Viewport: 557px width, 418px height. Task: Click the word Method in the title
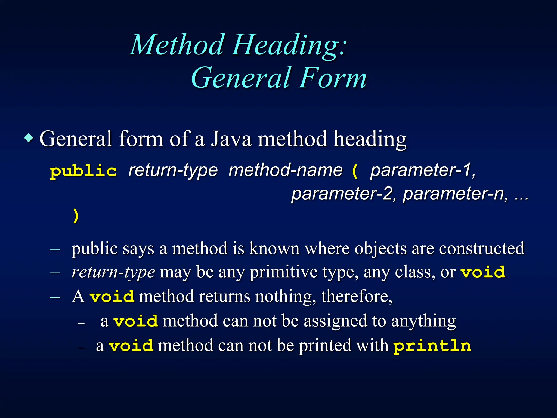point(177,45)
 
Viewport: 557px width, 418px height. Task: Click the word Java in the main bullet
point(231,139)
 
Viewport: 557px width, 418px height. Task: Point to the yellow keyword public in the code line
point(83,171)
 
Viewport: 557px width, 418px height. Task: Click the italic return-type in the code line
point(173,171)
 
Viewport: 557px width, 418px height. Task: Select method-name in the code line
point(285,171)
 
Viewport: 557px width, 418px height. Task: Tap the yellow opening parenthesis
point(355,171)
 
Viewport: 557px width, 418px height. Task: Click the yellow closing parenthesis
point(76,216)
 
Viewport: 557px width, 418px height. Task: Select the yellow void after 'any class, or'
point(483,272)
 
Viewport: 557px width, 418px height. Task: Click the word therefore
point(357,296)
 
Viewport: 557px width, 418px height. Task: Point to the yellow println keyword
point(432,346)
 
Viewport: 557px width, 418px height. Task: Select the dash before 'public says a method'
point(55,249)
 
